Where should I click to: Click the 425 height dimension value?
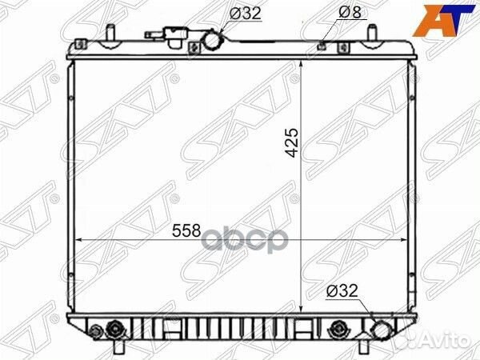(293, 142)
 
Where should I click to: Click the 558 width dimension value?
(186, 230)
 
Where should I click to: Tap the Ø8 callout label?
(350, 12)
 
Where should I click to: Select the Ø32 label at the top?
(246, 13)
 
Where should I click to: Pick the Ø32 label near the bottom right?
(342, 290)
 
